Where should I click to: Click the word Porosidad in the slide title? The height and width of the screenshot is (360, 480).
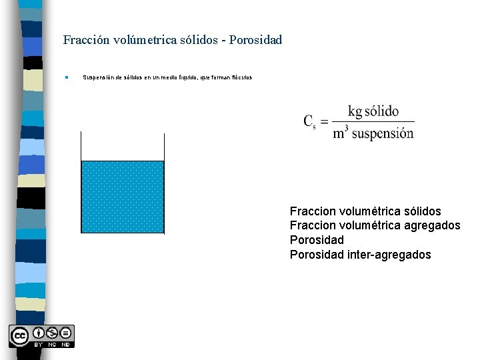pyautogui.click(x=256, y=40)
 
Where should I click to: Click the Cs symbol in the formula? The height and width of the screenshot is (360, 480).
pyautogui.click(x=309, y=121)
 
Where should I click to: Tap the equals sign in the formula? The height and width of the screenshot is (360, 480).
pyautogui.click(x=324, y=121)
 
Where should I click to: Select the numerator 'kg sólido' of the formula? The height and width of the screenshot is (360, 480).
pyautogui.click(x=373, y=111)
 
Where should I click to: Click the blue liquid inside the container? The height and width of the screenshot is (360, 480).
pyautogui.click(x=123, y=197)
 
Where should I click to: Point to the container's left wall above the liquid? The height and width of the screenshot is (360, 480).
pyautogui.click(x=81, y=146)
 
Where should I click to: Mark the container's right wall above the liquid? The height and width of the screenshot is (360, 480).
pyautogui.click(x=164, y=146)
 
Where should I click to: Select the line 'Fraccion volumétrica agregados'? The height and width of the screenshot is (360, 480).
pyautogui.click(x=375, y=226)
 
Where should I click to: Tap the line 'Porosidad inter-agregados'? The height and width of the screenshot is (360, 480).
pyautogui.click(x=360, y=255)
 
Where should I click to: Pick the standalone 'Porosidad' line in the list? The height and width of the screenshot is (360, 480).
pyautogui.click(x=317, y=240)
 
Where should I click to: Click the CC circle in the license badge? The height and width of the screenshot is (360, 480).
pyautogui.click(x=19, y=334)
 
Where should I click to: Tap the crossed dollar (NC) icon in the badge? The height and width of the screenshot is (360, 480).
pyautogui.click(x=52, y=333)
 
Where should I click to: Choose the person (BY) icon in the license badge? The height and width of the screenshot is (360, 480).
pyautogui.click(x=39, y=333)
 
